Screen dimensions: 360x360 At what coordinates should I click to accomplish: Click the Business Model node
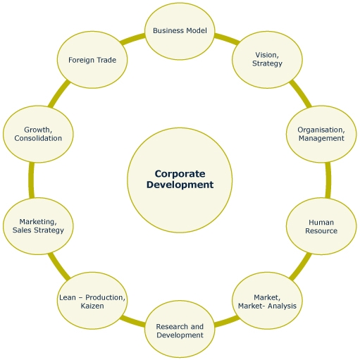(179, 30)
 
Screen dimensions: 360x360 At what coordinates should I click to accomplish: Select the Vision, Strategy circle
(267, 59)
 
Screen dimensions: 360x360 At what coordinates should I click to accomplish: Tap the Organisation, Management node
(321, 134)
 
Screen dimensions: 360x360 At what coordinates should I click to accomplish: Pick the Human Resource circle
(321, 226)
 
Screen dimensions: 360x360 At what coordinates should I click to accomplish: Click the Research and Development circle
(179, 330)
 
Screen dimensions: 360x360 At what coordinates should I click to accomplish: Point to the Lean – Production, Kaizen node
(92, 302)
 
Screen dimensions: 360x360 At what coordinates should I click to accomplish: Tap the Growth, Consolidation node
(37, 134)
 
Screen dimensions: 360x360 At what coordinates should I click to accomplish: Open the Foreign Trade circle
(92, 59)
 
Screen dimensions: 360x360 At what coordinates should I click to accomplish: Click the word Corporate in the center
(179, 173)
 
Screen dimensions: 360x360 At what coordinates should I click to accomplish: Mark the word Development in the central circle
(179, 185)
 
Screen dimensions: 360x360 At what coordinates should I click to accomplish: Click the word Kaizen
(92, 307)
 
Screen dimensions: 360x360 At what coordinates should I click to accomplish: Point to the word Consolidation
(38, 139)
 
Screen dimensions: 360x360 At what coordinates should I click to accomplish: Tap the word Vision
(266, 54)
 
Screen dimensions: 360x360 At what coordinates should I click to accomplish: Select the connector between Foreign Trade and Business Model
(133, 39)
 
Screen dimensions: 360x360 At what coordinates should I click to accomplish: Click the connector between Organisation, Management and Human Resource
(328, 180)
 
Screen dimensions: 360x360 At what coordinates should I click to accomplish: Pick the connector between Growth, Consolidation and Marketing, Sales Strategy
(31, 180)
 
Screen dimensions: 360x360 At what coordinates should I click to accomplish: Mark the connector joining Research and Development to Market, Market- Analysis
(223, 322)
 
